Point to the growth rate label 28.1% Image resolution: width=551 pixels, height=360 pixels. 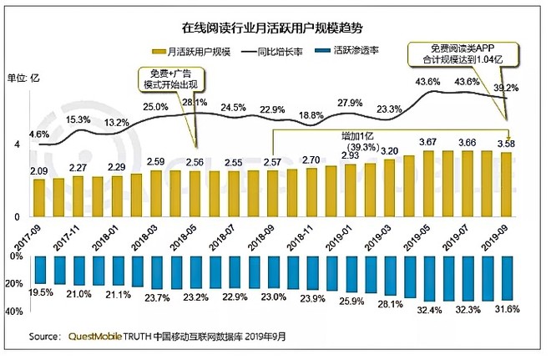click(x=195, y=103)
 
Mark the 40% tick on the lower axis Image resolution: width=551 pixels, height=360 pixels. click(x=17, y=312)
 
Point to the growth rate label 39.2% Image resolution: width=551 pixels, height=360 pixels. click(x=507, y=89)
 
